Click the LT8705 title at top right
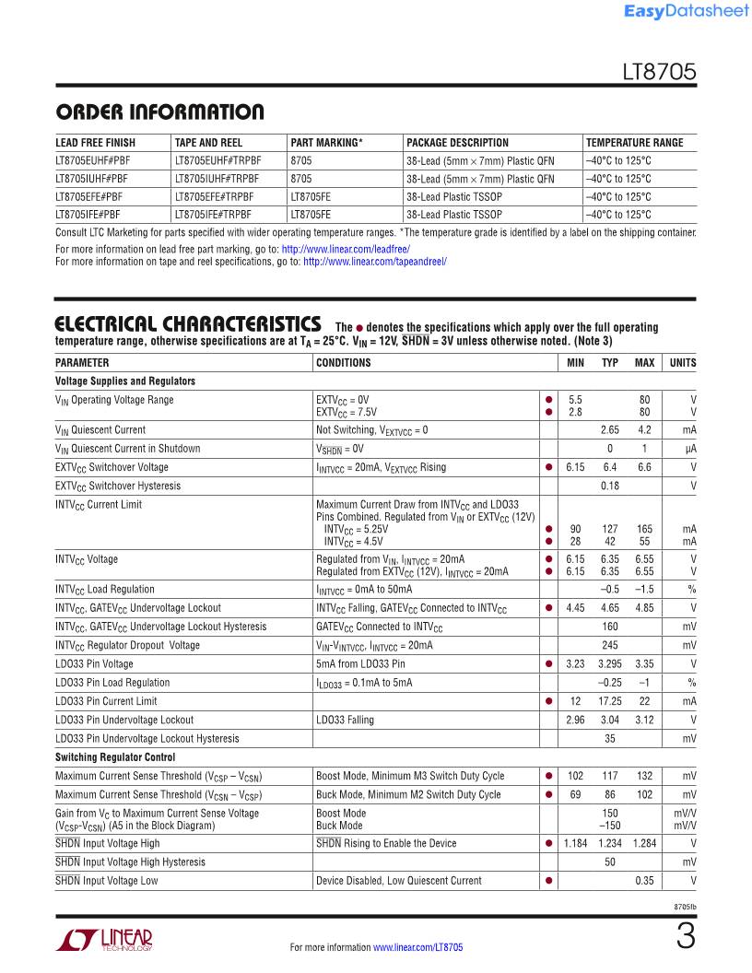pos(659,75)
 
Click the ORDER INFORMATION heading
pos(159,113)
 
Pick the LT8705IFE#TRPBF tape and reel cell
pos(214,214)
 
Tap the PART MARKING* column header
pos(326,143)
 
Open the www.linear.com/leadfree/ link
pos(346,250)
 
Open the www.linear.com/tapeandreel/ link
pos(375,262)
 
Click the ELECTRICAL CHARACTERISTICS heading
pos(188,325)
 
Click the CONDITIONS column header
pos(344,363)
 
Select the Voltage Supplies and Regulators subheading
pos(125,381)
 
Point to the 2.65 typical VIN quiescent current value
pos(609,430)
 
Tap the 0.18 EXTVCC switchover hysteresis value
pos(609,486)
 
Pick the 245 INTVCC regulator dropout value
pos(609,645)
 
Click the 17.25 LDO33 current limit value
pos(609,701)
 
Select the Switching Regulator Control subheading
pos(115,757)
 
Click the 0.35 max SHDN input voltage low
pos(644,881)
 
